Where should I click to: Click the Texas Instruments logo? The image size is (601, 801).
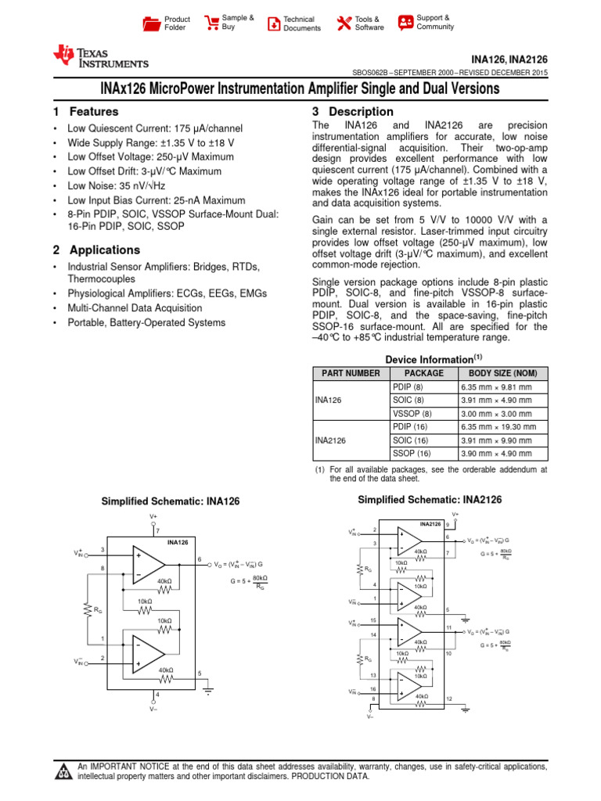click(x=99, y=56)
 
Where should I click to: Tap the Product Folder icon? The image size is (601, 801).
click(x=150, y=23)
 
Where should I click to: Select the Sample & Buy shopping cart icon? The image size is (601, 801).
click(x=211, y=23)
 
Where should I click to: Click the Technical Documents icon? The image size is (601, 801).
click(x=273, y=23)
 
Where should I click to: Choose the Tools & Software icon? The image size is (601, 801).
click(x=343, y=23)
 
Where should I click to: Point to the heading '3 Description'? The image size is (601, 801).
click(x=352, y=112)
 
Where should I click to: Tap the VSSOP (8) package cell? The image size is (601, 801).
click(x=411, y=413)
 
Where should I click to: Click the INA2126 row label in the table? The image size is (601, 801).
click(x=331, y=440)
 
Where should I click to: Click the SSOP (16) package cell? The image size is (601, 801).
click(x=412, y=453)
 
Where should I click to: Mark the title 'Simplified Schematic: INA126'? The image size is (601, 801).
click(x=171, y=501)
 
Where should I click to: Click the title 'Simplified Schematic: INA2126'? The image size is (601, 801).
click(x=430, y=500)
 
